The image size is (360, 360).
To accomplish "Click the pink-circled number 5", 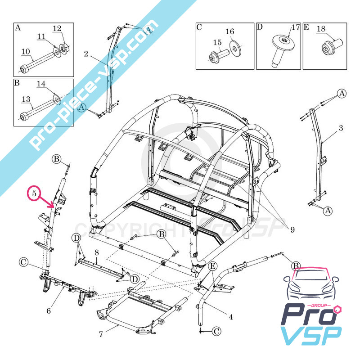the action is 34,193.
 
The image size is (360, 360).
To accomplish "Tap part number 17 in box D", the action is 296,27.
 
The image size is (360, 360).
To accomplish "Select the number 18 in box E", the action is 321,29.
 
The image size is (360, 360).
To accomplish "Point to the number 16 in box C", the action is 230,31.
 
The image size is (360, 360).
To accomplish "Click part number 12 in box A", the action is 57,28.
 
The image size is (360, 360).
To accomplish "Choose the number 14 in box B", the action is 41,84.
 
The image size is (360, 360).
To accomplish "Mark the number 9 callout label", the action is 292,230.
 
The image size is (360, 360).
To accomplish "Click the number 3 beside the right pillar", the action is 341,128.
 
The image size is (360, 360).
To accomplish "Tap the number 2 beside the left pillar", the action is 86,54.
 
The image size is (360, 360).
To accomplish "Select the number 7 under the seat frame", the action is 101,334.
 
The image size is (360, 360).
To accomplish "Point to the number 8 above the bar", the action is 97,253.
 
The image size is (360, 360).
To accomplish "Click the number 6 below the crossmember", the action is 49,311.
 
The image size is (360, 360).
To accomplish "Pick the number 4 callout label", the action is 231,317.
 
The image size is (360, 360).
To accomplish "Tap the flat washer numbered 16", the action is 235,49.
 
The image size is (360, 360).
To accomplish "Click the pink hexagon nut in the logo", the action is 338,309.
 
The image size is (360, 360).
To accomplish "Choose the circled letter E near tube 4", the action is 213,266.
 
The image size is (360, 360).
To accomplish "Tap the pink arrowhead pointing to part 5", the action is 52,206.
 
